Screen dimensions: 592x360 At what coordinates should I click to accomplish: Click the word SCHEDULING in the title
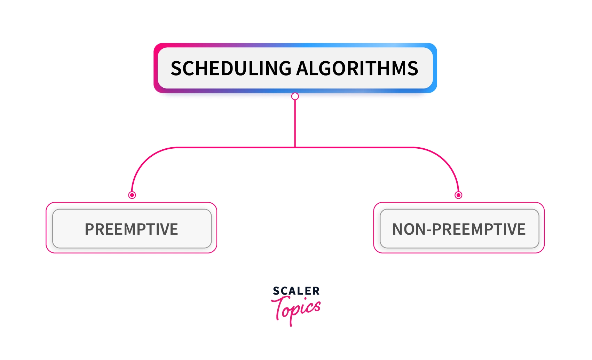point(231,68)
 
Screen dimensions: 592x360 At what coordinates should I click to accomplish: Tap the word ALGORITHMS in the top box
point(357,68)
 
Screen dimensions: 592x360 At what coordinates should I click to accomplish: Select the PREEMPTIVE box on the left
point(132,228)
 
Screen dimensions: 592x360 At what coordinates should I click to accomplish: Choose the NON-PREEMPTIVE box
point(459,228)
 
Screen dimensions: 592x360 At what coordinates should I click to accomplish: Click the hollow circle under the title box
point(295,96)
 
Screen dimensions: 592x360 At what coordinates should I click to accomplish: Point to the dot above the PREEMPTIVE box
point(132,195)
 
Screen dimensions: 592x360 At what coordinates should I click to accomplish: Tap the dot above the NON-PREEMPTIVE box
point(458,195)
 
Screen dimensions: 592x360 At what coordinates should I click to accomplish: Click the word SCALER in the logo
point(296,291)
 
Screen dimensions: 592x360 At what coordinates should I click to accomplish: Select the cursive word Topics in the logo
point(296,310)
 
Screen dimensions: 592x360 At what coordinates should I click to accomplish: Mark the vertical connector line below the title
point(295,124)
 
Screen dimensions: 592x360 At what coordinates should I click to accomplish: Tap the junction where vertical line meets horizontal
point(295,147)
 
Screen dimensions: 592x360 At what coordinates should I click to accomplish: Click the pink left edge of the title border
point(156,68)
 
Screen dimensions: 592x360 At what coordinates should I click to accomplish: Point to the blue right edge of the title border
point(435,68)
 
